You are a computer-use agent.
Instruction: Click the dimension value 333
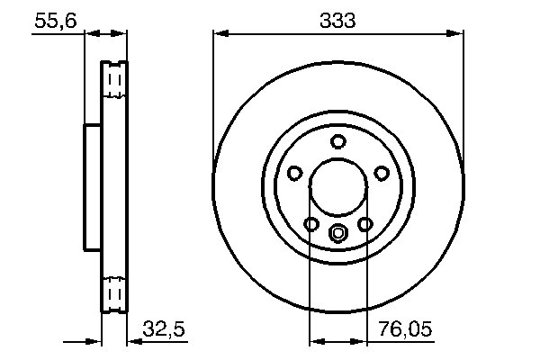(x=339, y=20)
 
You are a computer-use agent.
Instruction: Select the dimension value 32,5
(x=164, y=330)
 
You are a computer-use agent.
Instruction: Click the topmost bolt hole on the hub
(x=338, y=141)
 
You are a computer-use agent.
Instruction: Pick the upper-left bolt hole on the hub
(x=294, y=174)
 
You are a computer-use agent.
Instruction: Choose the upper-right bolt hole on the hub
(x=382, y=174)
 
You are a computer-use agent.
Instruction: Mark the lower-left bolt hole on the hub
(x=311, y=224)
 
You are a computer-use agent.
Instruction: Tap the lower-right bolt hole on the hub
(x=365, y=224)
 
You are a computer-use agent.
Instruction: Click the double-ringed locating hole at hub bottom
(x=338, y=235)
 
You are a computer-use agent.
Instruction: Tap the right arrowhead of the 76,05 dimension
(x=362, y=342)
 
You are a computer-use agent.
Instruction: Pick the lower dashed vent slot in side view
(x=114, y=293)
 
